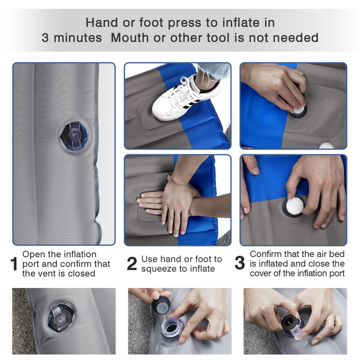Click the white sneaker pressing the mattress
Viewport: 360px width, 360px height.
coord(187,99)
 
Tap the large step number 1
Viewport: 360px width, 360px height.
coord(14,264)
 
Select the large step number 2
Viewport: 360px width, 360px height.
coord(132,264)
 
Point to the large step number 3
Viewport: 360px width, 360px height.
coord(239,263)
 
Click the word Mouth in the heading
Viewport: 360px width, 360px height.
coord(130,38)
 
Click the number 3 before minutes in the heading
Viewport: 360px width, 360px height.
coord(45,38)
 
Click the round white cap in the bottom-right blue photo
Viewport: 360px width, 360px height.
coord(295,205)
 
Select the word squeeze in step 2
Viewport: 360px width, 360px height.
coord(158,269)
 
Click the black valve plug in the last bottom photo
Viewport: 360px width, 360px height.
coord(290,323)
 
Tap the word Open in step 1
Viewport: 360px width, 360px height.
coord(32,255)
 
